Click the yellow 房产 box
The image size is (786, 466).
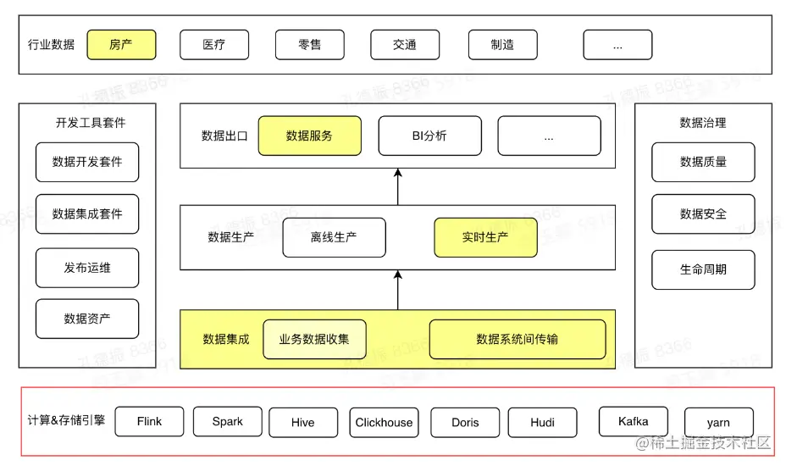click(x=121, y=45)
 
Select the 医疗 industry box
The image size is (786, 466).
click(x=214, y=45)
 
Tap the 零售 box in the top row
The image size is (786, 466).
click(x=310, y=45)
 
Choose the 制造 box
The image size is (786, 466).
click(x=502, y=45)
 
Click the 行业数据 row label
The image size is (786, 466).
click(x=51, y=45)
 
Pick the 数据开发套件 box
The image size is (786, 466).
click(x=87, y=162)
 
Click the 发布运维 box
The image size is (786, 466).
click(x=87, y=268)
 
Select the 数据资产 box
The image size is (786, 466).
click(x=87, y=319)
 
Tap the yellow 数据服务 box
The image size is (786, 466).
click(x=309, y=136)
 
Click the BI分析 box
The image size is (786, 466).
click(x=429, y=136)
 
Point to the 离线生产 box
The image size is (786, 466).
click(x=334, y=237)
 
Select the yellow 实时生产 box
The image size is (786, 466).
click(x=485, y=237)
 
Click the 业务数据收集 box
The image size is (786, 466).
click(x=314, y=339)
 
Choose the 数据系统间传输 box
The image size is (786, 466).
click(x=518, y=339)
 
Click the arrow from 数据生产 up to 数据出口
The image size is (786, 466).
click(x=398, y=186)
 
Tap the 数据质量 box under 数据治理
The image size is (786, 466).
click(x=703, y=162)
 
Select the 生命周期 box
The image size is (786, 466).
click(x=703, y=269)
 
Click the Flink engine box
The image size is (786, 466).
click(x=149, y=422)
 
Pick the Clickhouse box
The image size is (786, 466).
click(x=384, y=423)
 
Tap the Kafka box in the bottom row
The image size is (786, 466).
click(x=634, y=421)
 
